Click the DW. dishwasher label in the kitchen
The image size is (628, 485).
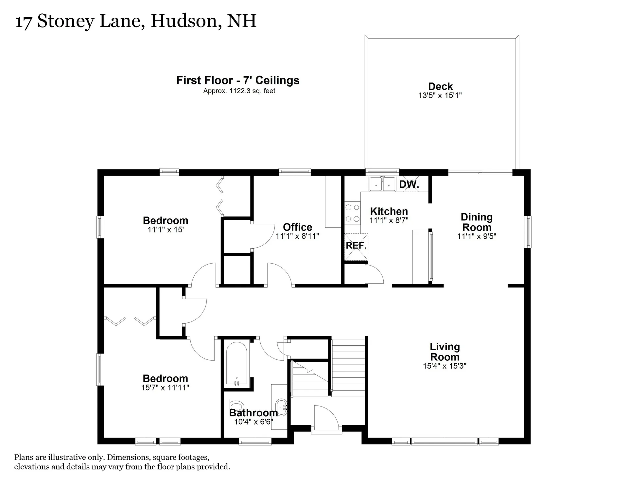(x=409, y=184)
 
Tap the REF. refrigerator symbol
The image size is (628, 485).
(x=356, y=246)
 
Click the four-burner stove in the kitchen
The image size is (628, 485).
(x=352, y=213)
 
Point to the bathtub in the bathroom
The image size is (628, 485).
(x=237, y=364)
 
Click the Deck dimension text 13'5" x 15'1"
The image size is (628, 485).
(x=440, y=95)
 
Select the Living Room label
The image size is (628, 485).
(x=445, y=352)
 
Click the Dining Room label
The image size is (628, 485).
(x=477, y=222)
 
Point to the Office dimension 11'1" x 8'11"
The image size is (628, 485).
(x=297, y=236)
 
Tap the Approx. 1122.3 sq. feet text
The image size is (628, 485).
(x=239, y=91)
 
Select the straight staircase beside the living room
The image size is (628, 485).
(x=348, y=368)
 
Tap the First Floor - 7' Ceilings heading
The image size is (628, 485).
(x=238, y=80)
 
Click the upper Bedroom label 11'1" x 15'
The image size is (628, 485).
(x=166, y=220)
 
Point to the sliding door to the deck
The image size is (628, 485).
(x=480, y=172)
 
